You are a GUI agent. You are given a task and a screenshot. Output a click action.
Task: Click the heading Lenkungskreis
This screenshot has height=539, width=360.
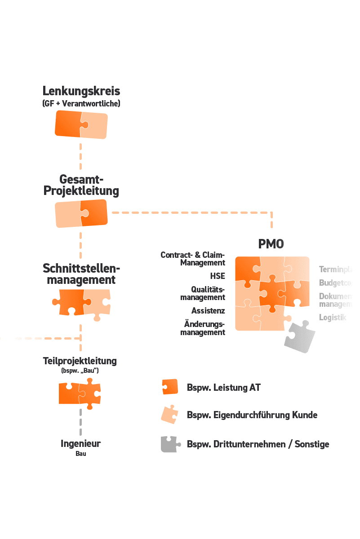81,91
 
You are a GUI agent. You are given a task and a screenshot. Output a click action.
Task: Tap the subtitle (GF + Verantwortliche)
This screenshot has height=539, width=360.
81,104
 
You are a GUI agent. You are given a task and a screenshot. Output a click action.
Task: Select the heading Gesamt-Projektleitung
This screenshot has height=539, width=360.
81,185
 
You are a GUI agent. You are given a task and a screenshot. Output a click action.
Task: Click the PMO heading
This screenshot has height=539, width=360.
271,244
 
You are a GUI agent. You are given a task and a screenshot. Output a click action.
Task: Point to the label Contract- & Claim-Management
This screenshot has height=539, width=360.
193,259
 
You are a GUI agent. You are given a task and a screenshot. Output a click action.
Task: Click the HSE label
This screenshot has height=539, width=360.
217,276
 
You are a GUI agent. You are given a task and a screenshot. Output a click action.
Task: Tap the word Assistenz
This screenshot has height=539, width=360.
208,310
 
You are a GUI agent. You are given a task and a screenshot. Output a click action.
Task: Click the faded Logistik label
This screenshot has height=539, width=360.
333,318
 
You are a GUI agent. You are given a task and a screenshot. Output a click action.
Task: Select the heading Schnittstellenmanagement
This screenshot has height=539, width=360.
81,274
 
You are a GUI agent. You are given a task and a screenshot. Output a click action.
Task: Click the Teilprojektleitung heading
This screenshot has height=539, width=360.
80,361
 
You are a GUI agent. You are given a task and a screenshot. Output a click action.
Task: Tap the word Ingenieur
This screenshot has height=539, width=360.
81,444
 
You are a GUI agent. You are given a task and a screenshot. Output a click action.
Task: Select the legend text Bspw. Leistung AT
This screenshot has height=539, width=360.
224,388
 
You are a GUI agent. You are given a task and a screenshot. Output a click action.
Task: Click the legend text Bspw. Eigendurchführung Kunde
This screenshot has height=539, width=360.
252,415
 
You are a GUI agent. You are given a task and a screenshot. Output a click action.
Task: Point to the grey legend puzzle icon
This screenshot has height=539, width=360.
170,444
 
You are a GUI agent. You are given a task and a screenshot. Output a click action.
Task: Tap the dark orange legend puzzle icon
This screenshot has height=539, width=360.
170,387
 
